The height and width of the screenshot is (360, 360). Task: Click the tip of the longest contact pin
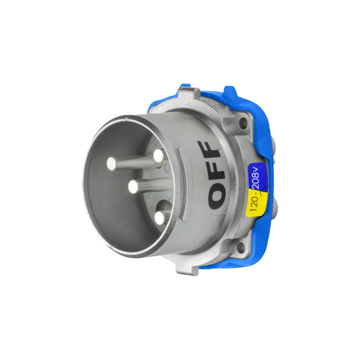[x=112, y=164]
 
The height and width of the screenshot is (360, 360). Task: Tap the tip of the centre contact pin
[x=132, y=187]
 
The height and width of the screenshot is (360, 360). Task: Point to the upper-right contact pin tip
[x=158, y=156]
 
